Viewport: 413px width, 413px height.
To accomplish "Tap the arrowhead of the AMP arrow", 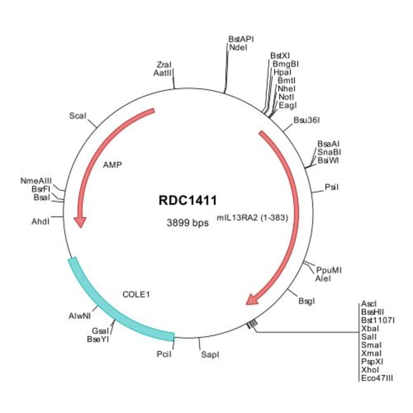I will (x=80, y=220).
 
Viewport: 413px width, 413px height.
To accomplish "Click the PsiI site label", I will (x=331, y=187).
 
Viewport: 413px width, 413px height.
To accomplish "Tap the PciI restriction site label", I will (x=164, y=354).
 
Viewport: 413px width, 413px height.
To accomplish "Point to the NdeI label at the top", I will (x=238, y=47).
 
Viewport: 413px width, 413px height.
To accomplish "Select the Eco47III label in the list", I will (x=377, y=377).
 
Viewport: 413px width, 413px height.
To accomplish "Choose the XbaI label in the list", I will (x=370, y=328).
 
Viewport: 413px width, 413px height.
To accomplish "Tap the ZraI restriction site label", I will (x=164, y=65).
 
